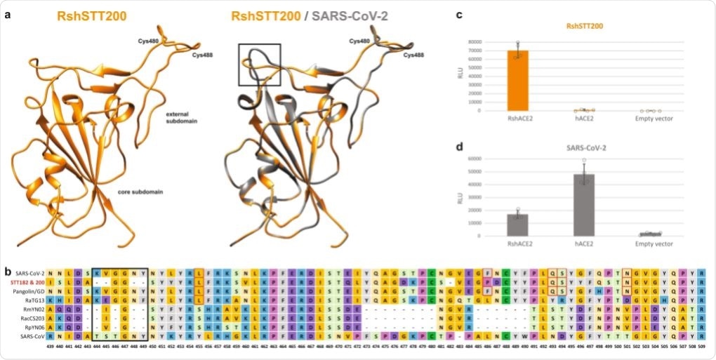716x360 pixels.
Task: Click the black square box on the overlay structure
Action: (x=260, y=65)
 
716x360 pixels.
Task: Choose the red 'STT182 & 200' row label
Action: (x=26, y=281)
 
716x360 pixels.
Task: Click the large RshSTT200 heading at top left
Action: (x=87, y=15)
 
